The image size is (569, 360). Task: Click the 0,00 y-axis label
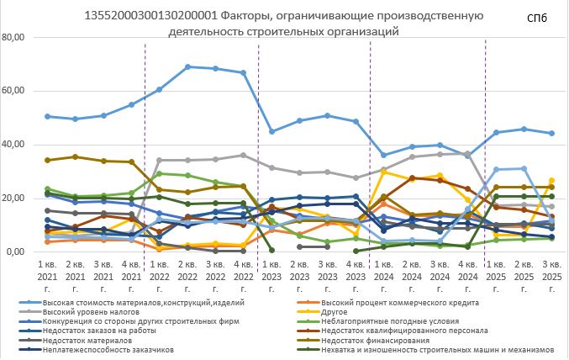coord(20,251)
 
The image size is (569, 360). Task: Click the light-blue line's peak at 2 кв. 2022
coord(187,66)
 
